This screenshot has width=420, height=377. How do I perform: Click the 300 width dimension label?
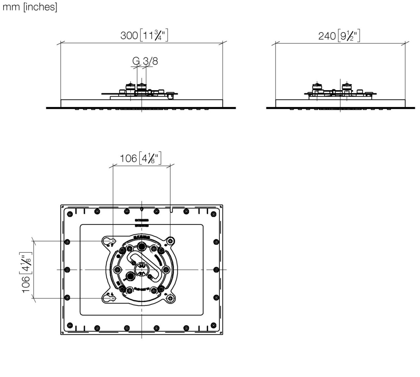tap(129, 35)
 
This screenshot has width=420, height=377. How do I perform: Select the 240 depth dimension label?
tap(327, 36)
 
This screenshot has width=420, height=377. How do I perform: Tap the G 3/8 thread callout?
tap(145, 61)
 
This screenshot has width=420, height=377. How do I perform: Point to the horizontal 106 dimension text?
tap(128, 158)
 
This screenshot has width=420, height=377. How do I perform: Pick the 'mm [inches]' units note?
tap(30, 7)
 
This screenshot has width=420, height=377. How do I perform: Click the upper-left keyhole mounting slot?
tap(109, 241)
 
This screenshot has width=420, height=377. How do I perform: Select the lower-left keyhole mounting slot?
tap(109, 298)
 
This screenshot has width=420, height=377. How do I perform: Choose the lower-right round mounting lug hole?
tap(170, 298)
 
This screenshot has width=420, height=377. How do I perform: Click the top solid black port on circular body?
tap(142, 246)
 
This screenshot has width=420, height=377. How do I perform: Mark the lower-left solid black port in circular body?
tap(130, 276)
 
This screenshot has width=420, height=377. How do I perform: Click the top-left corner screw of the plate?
tap(70, 214)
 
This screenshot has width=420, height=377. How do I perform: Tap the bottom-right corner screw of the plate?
tap(214, 325)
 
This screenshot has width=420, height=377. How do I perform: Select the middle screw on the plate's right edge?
tap(216, 270)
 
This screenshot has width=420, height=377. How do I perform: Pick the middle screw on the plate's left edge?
tap(67, 270)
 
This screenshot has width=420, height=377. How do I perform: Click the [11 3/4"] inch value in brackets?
tap(154, 35)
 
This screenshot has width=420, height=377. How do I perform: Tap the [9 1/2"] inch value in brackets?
tap(349, 36)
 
